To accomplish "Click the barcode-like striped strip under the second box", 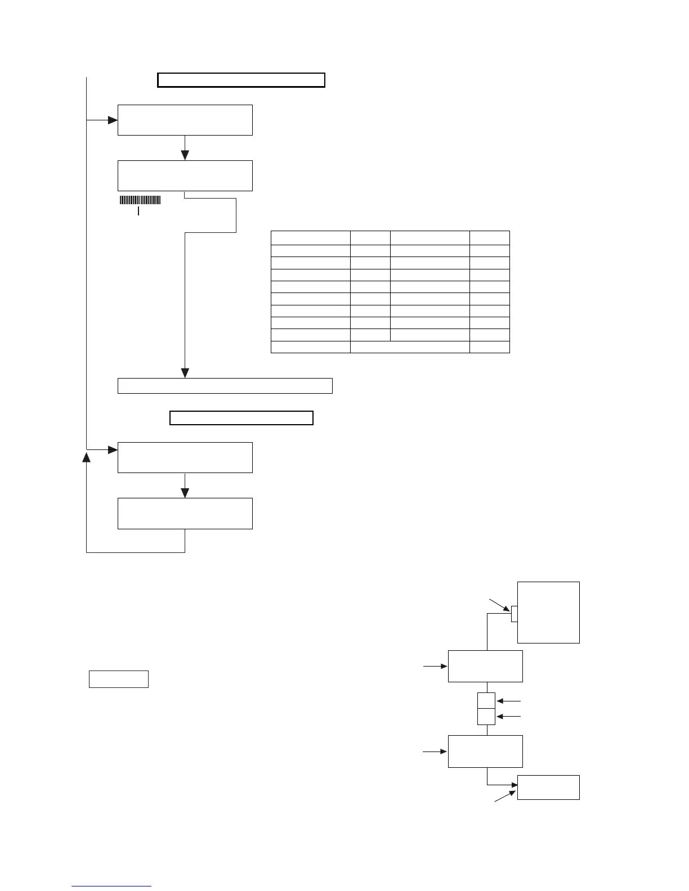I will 140,200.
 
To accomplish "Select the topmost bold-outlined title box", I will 241,80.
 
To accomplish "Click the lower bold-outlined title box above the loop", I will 241,418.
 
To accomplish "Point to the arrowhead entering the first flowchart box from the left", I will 113,120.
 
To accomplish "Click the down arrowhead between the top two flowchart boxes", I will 185,155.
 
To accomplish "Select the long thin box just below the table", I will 225,386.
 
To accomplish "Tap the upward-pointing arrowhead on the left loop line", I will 87,456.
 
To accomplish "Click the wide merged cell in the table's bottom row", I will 410,347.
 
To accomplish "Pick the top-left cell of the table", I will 310,237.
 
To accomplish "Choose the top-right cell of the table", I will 489,237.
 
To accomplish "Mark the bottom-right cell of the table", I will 489,347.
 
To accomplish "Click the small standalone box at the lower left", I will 119,679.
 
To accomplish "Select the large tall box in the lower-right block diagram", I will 548,612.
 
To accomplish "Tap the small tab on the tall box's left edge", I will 514,614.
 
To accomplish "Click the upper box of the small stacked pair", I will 486,700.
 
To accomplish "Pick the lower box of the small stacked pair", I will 486,717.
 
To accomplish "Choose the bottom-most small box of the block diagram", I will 548,787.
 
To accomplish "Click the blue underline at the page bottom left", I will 111,886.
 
